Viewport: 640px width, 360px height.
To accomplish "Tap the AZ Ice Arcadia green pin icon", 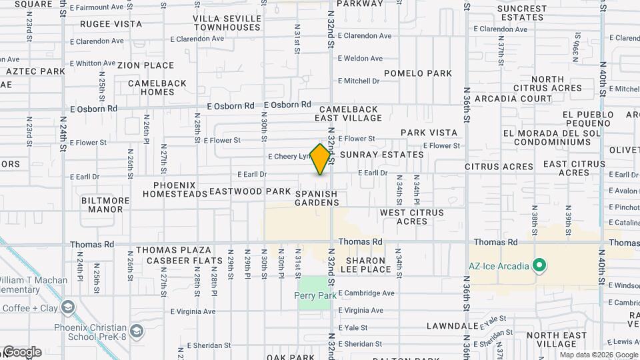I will (x=540, y=267).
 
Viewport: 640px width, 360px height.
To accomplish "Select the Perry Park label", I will (x=314, y=295).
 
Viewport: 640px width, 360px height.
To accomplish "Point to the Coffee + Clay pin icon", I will (x=67, y=307).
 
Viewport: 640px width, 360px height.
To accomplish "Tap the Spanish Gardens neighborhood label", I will (x=317, y=198).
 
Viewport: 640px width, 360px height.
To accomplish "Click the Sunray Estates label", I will (x=381, y=155).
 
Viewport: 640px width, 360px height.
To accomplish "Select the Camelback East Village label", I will (x=349, y=113).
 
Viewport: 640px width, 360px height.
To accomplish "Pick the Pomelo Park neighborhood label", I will (x=418, y=73).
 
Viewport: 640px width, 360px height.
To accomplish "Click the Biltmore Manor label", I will (x=105, y=205).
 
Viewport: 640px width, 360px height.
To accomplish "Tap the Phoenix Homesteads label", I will (x=175, y=189).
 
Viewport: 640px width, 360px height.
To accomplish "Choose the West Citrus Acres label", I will (x=412, y=217).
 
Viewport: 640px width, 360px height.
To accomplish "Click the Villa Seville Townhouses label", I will (x=227, y=23).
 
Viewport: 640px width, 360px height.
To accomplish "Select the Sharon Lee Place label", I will (x=365, y=265).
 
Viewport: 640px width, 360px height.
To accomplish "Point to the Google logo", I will (x=21, y=352).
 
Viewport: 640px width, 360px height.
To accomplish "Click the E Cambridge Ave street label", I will (x=366, y=293).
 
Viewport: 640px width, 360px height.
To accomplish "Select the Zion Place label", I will (x=145, y=65).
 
